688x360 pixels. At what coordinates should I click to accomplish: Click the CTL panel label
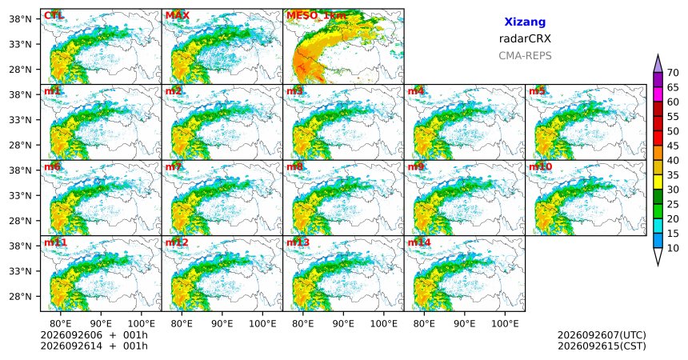click(54, 16)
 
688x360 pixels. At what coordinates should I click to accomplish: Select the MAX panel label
click(178, 16)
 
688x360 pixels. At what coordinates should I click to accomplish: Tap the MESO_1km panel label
click(316, 16)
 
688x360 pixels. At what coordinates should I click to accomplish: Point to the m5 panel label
click(537, 91)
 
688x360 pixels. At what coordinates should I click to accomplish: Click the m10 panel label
click(540, 167)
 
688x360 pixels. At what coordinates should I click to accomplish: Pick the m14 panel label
click(419, 242)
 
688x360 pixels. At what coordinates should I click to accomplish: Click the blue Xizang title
click(525, 22)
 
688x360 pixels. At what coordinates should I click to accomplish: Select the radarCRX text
click(525, 38)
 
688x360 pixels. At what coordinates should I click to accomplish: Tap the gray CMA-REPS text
click(525, 56)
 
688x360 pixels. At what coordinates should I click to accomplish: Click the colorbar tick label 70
click(673, 73)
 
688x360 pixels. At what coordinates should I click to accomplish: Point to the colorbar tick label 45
click(673, 146)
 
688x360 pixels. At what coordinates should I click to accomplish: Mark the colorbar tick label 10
click(673, 248)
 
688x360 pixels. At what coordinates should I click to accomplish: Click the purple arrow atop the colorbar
click(658, 64)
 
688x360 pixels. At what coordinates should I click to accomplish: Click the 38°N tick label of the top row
click(20, 19)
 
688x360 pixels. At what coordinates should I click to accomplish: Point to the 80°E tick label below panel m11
click(60, 324)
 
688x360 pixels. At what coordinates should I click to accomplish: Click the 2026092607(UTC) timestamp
click(602, 335)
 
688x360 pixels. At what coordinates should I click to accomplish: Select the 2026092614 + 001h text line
click(94, 346)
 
